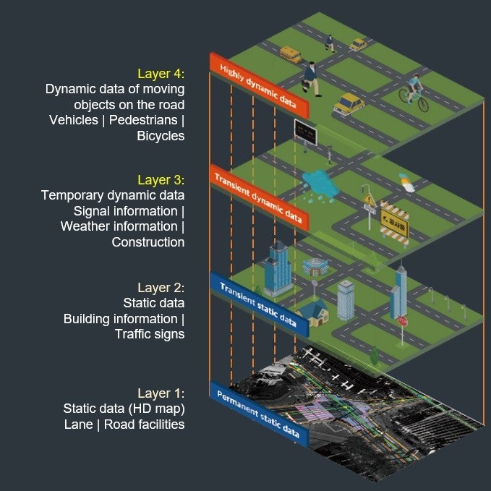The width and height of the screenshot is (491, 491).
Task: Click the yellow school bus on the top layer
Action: pos(290,55)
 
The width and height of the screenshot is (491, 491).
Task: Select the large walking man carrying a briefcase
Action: pos(312,78)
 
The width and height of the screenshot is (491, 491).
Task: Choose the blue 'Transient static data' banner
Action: pos(258,304)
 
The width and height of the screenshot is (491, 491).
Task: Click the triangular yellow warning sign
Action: pos(370,200)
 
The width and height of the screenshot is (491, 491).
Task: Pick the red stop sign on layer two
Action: pos(403,320)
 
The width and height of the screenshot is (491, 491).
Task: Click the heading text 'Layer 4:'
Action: pos(161,73)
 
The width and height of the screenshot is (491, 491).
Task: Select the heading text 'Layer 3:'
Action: pos(161,179)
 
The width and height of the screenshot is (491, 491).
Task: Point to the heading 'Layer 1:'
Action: pos(161,393)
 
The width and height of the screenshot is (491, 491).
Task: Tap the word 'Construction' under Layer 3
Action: pos(148,242)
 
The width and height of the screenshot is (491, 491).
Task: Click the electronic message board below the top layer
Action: pos(306,132)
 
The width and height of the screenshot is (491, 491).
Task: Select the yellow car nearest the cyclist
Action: pos(349,103)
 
